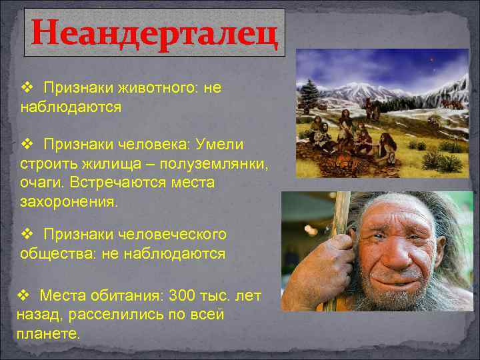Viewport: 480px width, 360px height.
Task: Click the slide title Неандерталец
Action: point(155,33)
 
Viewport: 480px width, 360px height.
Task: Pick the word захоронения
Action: point(68,201)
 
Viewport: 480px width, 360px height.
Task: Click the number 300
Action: point(186,295)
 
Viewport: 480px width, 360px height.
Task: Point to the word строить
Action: point(47,164)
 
